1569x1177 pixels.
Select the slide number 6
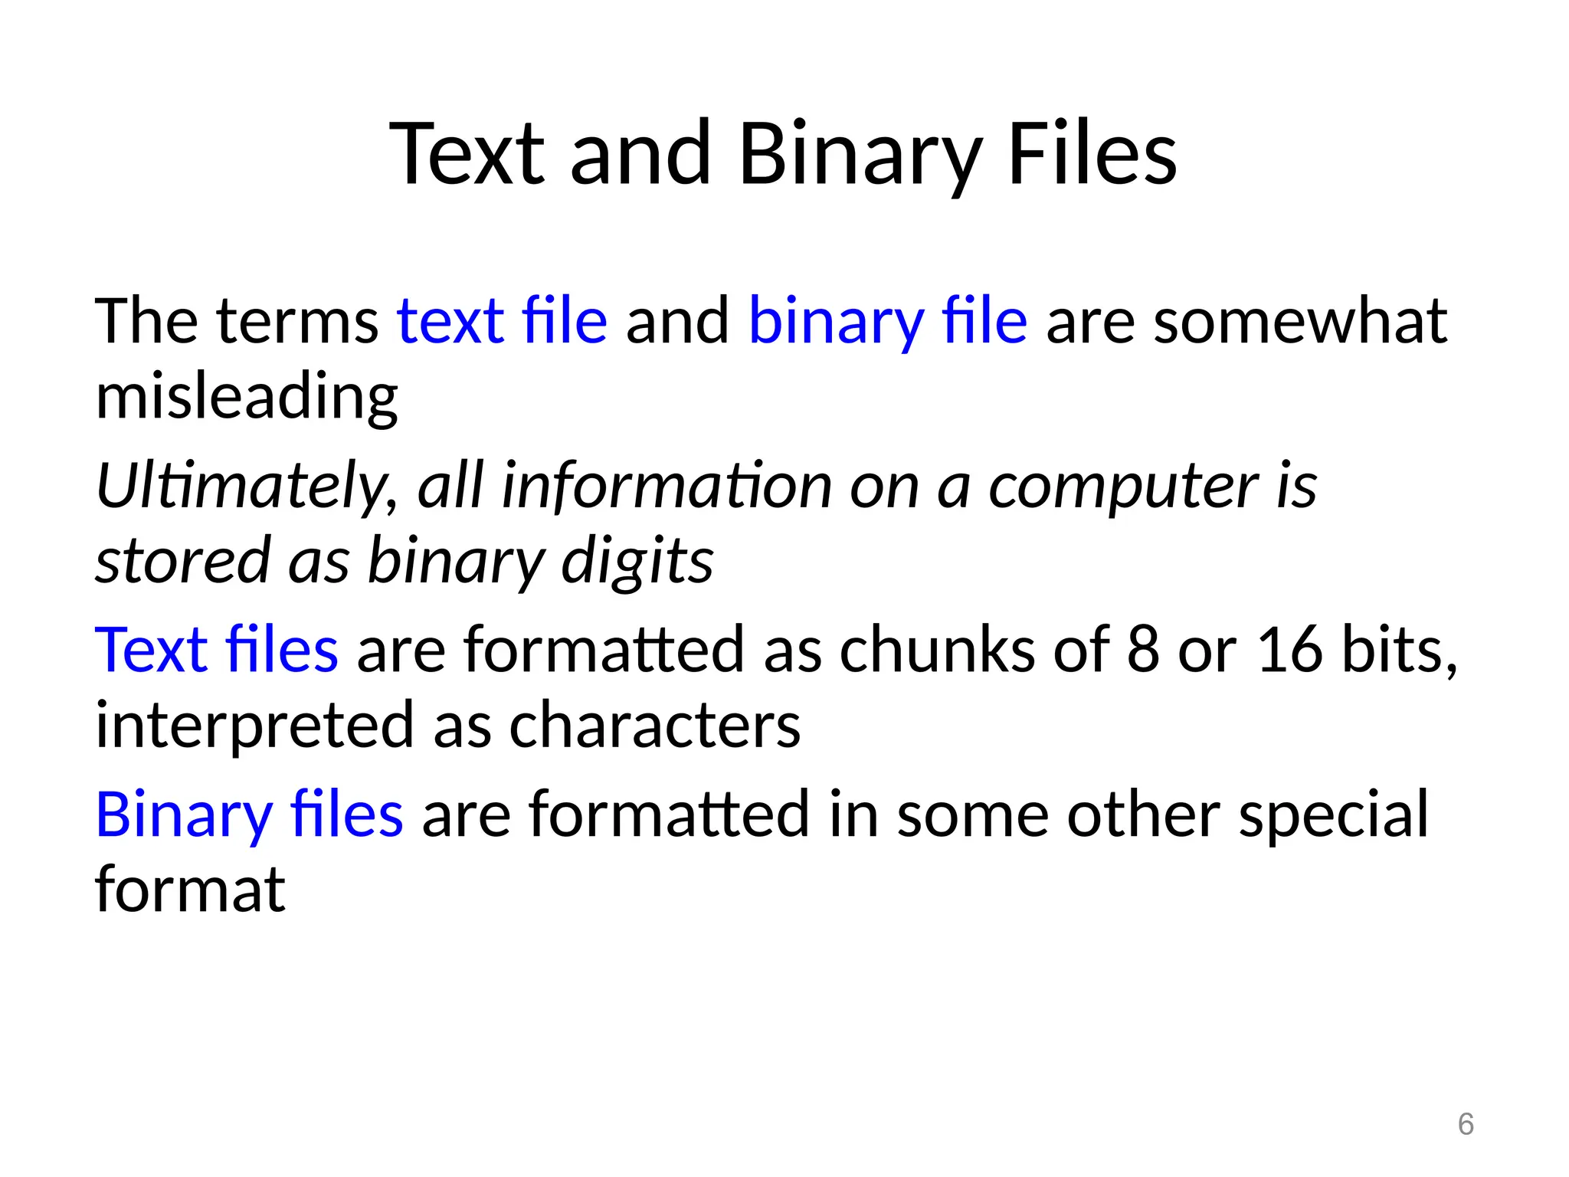click(x=1465, y=1124)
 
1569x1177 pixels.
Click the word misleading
click(x=246, y=397)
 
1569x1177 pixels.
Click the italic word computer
click(x=1122, y=487)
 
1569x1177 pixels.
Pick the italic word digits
click(x=637, y=562)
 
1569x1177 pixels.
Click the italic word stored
click(x=182, y=562)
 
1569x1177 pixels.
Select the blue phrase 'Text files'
click(x=216, y=650)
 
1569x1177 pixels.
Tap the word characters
click(x=654, y=726)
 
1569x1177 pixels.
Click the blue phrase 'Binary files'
click(x=249, y=815)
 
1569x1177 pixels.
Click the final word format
click(x=189, y=890)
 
